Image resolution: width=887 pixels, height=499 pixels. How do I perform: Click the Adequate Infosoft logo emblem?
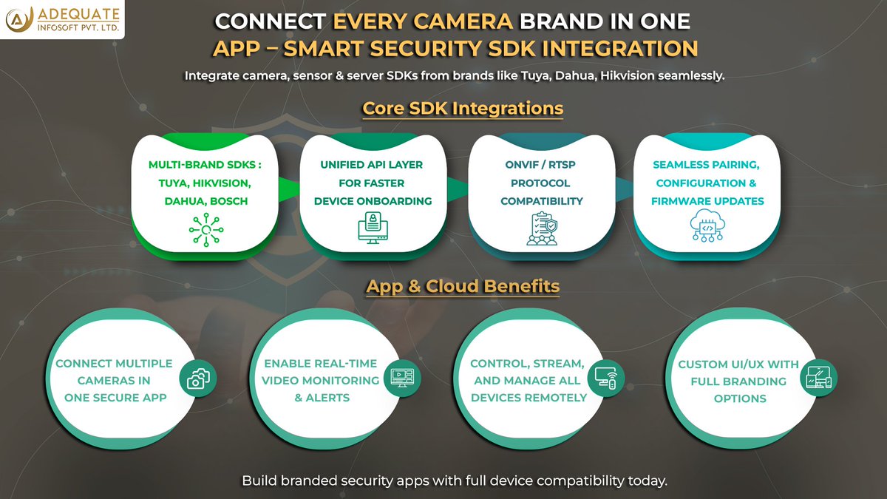pyautogui.click(x=17, y=20)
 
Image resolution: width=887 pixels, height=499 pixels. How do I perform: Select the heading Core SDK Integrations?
pyautogui.click(x=463, y=108)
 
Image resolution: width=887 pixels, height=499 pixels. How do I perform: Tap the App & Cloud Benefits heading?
pyautogui.click(x=463, y=286)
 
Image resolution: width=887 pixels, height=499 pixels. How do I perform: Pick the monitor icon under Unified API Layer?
pyautogui.click(x=373, y=228)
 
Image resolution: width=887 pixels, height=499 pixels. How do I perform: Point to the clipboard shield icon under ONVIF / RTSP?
pyautogui.click(x=542, y=228)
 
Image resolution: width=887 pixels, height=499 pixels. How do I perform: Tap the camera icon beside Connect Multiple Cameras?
pyautogui.click(x=197, y=379)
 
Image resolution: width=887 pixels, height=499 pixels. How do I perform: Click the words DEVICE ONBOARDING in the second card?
pyautogui.click(x=373, y=201)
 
